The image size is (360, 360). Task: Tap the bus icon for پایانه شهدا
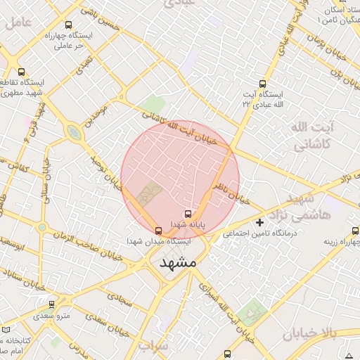click(188, 214)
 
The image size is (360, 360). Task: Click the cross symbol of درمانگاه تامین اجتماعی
click(260, 223)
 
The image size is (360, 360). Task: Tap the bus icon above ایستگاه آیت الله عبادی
click(263, 83)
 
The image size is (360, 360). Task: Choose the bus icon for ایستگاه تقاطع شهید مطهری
click(20, 72)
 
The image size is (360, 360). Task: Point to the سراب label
click(150, 346)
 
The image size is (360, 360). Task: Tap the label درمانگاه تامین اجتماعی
click(260, 233)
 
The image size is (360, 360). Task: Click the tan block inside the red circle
click(150, 194)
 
